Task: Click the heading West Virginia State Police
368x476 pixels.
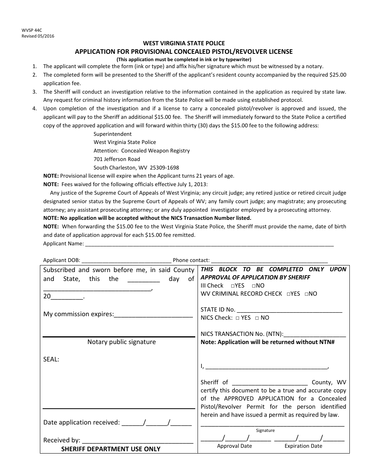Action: click(184, 43)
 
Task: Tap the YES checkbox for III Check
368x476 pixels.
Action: click(232, 286)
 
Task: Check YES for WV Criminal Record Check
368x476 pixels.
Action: click(289, 294)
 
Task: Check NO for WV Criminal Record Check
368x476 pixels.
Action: click(306, 294)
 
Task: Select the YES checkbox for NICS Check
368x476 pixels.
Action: click(237, 318)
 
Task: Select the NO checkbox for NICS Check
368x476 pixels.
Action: click(257, 318)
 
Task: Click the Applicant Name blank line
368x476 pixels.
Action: click(209, 244)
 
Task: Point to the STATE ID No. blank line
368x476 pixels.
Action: click(289, 310)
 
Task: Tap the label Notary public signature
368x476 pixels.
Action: click(122, 342)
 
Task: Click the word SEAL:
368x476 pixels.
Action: click(51, 360)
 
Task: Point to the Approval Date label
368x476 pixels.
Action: click(234, 446)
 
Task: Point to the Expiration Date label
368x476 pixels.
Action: click(303, 446)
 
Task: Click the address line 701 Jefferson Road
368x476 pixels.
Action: click(117, 159)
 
